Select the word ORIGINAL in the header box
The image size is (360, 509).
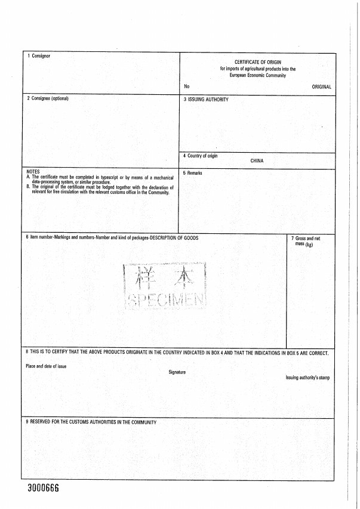321,87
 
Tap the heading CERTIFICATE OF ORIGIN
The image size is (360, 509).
257,62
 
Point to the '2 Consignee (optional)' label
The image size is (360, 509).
48,98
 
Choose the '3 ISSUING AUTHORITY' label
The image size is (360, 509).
206,100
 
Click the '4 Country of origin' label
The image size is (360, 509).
201,156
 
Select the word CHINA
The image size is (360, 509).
257,161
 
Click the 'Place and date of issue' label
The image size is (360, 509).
46,366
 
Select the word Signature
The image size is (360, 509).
177,372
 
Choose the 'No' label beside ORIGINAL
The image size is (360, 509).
187,87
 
